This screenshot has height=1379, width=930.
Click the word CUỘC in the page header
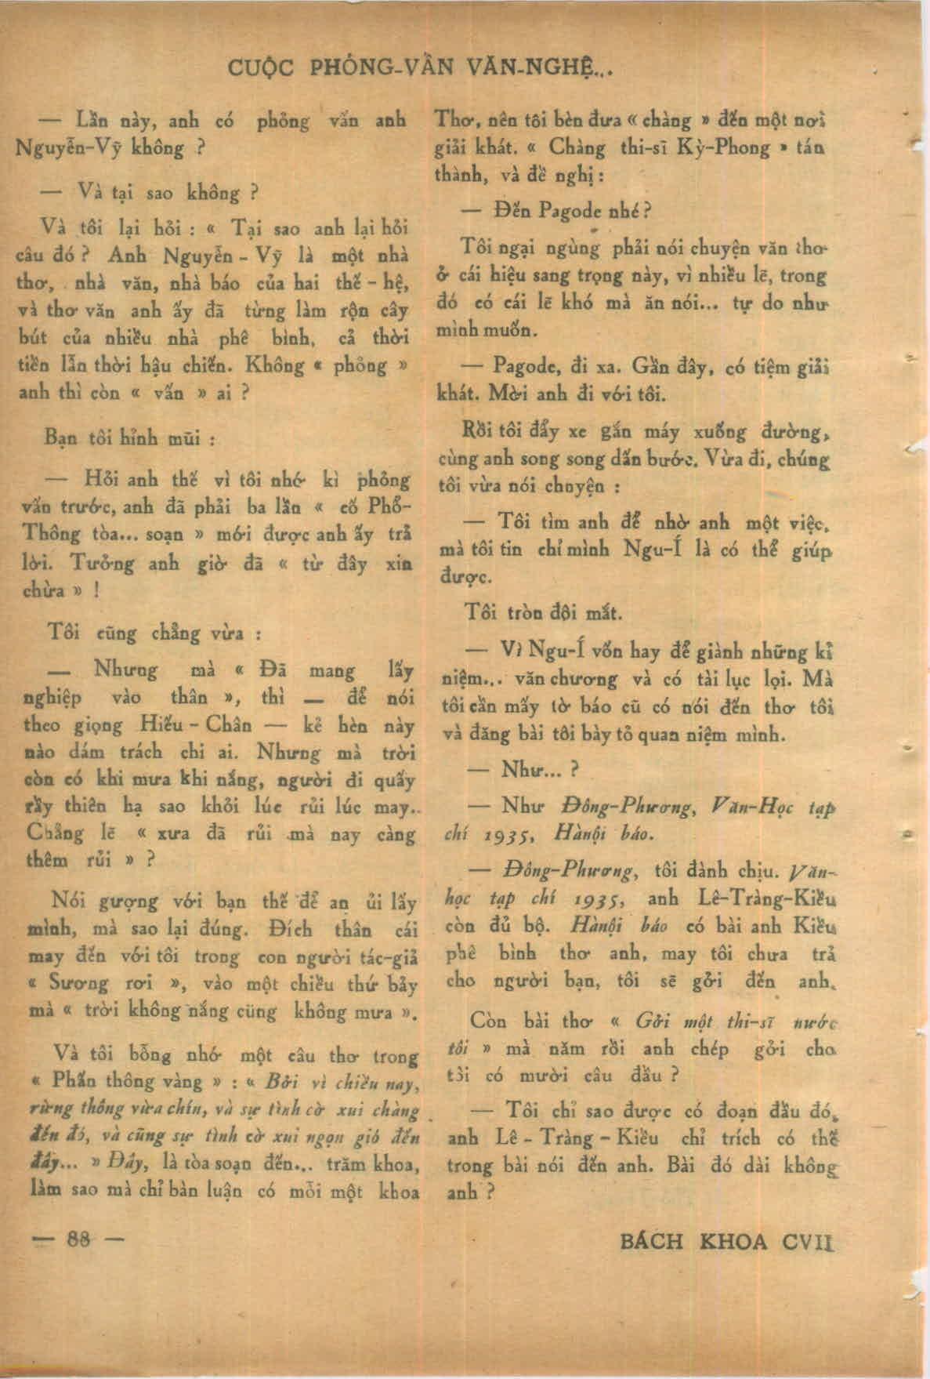pos(262,68)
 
